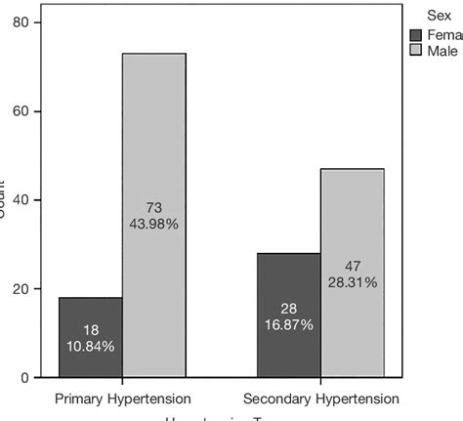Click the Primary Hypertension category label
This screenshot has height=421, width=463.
(122, 400)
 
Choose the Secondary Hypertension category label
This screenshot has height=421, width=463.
(320, 400)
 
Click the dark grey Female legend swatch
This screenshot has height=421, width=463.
(415, 33)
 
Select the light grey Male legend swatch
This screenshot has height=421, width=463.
(415, 50)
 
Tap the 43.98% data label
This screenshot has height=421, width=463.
(153, 224)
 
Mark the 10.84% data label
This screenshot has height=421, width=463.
(90, 346)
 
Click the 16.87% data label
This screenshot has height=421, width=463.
(288, 324)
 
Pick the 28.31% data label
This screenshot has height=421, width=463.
(353, 282)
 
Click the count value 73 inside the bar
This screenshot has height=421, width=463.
(153, 207)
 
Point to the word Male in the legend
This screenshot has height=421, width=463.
(442, 50)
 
